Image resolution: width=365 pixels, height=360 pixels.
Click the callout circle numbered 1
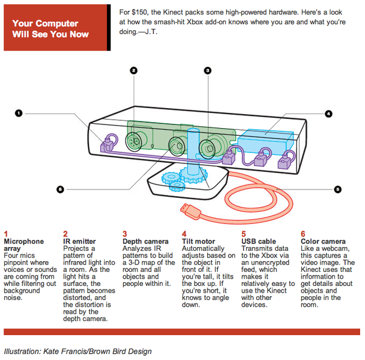tap(19, 112)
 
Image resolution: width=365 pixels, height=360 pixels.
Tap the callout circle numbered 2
tap(133, 70)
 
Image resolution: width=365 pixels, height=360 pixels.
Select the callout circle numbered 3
tap(207, 70)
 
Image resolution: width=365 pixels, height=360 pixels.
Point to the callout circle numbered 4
tap(328, 113)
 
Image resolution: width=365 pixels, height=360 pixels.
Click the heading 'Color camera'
tap(323, 241)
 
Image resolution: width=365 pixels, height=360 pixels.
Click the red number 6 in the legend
tap(303, 233)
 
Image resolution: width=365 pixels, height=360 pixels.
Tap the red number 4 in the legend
tap(184, 233)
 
